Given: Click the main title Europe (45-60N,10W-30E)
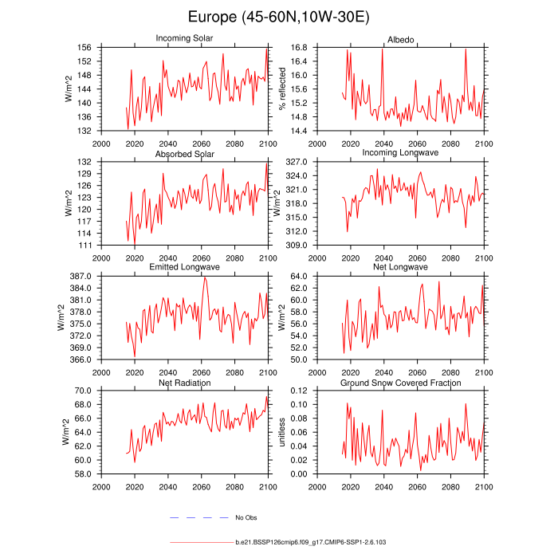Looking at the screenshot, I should coord(279,17).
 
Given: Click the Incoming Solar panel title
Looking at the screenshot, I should coord(184,38).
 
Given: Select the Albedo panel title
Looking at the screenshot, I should coord(400,38).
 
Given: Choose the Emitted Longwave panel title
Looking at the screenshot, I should coord(184,267).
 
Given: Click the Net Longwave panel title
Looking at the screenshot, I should coord(400,267).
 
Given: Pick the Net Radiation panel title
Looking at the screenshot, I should coord(184,383).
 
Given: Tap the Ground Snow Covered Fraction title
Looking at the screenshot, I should coord(400,383).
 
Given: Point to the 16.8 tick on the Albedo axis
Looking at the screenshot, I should coord(299,48).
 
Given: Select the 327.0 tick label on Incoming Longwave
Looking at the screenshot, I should coord(297,162).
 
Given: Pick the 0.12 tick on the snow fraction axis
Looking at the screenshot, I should coord(299,391).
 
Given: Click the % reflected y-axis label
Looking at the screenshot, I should coord(281,89).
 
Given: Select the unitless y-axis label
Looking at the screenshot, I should coord(281,432).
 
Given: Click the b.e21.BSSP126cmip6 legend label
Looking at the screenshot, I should coord(311,542).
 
